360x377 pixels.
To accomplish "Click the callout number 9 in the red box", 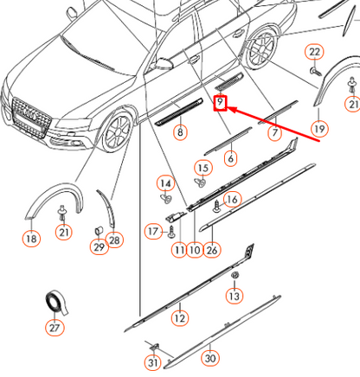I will [x=221, y=105].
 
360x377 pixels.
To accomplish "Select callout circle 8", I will [x=180, y=132].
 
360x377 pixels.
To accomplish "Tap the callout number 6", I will [x=230, y=158].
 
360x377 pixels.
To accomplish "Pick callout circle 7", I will [x=274, y=133].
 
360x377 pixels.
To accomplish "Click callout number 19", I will [x=319, y=129].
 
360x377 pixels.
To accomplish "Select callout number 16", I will [x=231, y=200].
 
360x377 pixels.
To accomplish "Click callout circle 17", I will [x=153, y=232].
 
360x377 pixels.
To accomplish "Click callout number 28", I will [x=114, y=239].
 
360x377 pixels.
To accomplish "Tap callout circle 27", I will [x=55, y=328].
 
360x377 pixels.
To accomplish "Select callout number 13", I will [x=234, y=296].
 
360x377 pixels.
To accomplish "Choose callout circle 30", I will [x=210, y=357].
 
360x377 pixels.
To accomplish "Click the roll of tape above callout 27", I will [x=56, y=302].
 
